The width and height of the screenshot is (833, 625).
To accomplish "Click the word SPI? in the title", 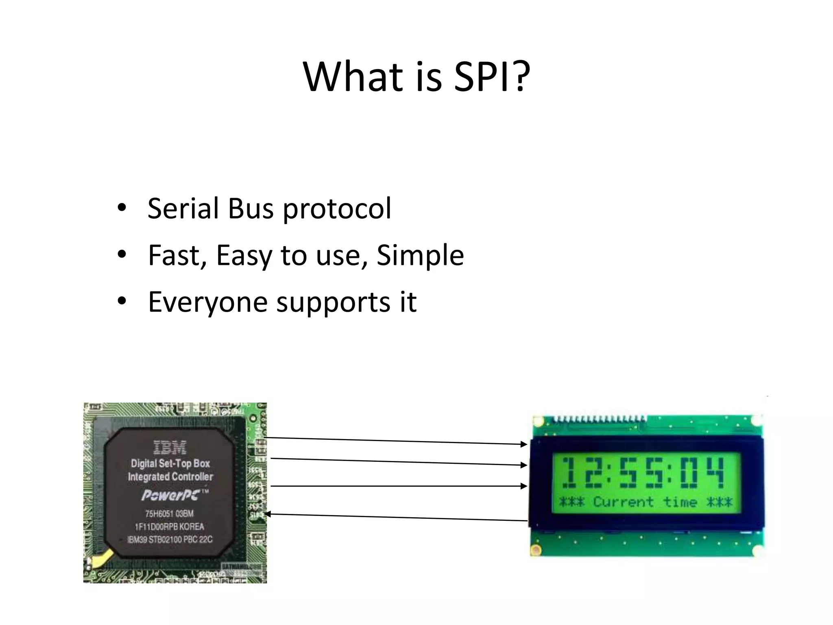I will (x=492, y=76).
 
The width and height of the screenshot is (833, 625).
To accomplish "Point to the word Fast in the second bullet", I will (x=177, y=256).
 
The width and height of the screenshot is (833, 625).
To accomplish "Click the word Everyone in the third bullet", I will (x=207, y=302).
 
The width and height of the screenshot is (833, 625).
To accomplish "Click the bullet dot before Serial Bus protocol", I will (x=122, y=208).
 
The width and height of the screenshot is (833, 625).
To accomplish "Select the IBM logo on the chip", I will (x=170, y=448).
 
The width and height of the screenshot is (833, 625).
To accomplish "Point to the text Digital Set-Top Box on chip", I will (x=170, y=463).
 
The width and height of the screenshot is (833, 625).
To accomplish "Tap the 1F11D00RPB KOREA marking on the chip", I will (x=170, y=527).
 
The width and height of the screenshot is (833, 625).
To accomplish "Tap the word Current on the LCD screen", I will (x=623, y=502).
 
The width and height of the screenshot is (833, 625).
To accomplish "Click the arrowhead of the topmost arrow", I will (x=524, y=444).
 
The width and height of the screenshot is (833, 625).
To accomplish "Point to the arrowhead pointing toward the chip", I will (x=268, y=515).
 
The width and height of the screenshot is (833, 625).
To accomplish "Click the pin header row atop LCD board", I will (x=600, y=419).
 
